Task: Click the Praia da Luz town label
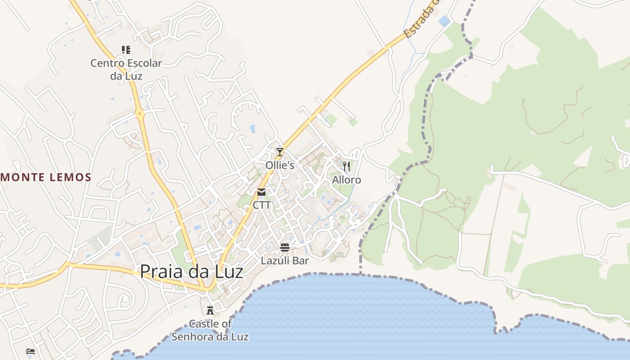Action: [191, 272]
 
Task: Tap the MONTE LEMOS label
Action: [46, 177]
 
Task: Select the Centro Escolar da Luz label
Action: [126, 69]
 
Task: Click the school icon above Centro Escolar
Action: [126, 49]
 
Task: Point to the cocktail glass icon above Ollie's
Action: [280, 152]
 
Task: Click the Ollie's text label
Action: [280, 165]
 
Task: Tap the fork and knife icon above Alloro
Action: [346, 166]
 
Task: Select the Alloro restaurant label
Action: [346, 180]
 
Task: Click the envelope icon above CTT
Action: [261, 193]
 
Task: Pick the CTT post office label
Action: [262, 205]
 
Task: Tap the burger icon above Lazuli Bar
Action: [285, 247]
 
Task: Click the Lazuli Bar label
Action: [285, 261]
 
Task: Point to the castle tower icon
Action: [210, 310]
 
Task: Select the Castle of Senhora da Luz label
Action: [210, 330]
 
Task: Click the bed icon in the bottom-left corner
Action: [31, 351]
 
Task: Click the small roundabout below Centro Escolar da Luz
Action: [140, 113]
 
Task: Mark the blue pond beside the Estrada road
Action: [444, 21]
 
